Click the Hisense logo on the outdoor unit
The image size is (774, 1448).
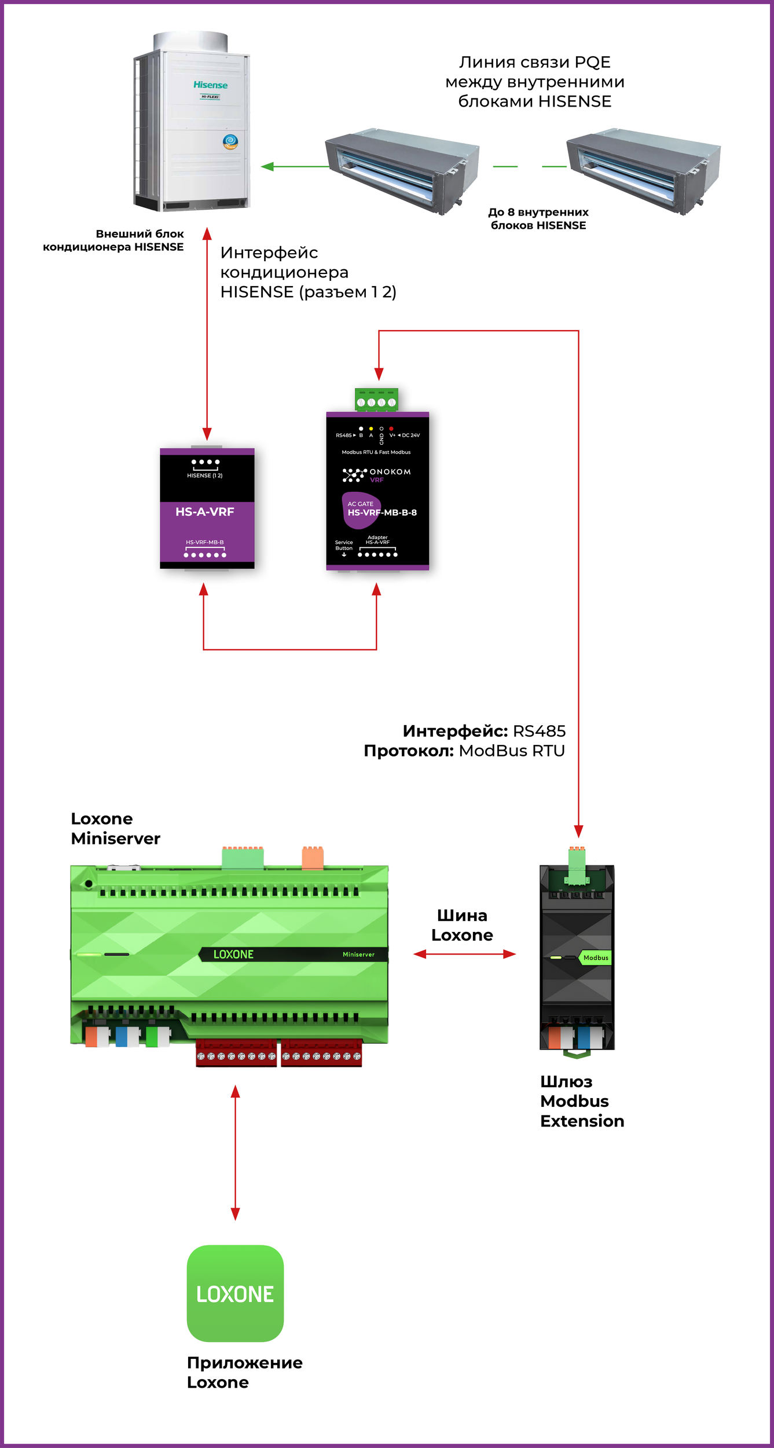pyautogui.click(x=210, y=85)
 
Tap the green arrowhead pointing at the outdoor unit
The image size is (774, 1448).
pyautogui.click(x=267, y=167)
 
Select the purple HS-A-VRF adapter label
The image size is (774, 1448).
pyautogui.click(x=204, y=512)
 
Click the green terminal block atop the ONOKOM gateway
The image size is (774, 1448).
pyautogui.click(x=376, y=400)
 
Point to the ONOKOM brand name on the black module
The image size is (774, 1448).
pyautogui.click(x=390, y=472)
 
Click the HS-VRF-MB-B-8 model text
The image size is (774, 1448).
pyautogui.click(x=382, y=513)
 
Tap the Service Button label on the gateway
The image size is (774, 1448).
pyautogui.click(x=344, y=546)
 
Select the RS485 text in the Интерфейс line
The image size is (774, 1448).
pyautogui.click(x=539, y=731)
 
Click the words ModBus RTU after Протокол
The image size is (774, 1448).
pyautogui.click(x=512, y=751)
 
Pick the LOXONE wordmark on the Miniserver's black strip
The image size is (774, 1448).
pyautogui.click(x=233, y=955)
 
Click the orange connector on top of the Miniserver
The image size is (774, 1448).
pyautogui.click(x=313, y=858)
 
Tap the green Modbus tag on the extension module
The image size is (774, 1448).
pyautogui.click(x=595, y=958)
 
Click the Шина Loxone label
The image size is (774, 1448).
pyautogui.click(x=462, y=925)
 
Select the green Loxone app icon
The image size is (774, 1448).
pyautogui.click(x=235, y=1294)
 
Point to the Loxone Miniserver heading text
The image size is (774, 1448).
pyautogui.click(x=115, y=828)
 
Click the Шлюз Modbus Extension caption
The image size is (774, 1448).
pyautogui.click(x=582, y=1101)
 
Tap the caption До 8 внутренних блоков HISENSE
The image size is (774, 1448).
pyautogui.click(x=538, y=219)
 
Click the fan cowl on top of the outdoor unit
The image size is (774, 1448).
pyautogui.click(x=190, y=42)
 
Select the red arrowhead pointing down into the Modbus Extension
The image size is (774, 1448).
pyautogui.click(x=578, y=832)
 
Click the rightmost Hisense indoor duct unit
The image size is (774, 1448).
pyautogui.click(x=643, y=171)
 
